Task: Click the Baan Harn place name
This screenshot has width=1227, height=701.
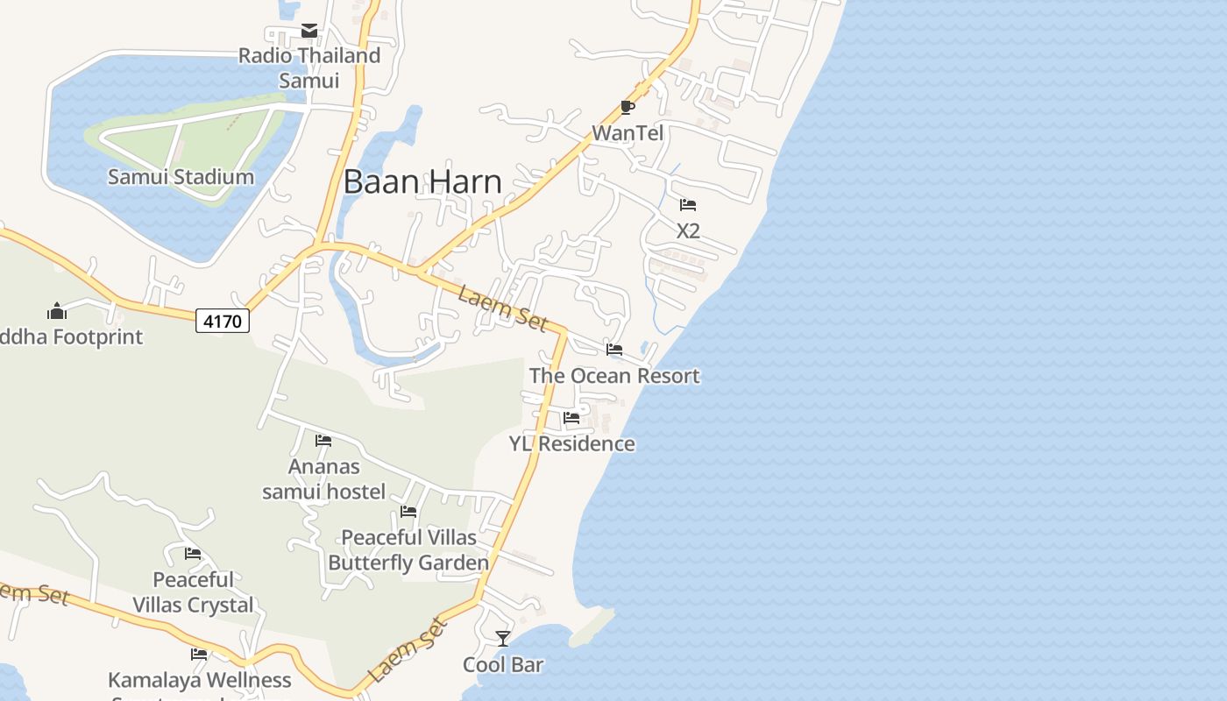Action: pos(422,181)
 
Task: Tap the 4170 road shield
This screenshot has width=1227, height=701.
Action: pos(222,322)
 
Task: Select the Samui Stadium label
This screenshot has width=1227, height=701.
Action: pos(181,176)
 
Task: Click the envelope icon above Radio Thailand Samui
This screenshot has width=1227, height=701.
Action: pos(309,31)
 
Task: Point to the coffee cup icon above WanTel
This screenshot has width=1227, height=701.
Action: pos(628,107)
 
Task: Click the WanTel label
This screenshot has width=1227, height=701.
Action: pos(628,133)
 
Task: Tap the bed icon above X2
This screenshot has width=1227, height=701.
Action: pos(688,205)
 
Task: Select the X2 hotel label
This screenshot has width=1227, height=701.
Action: pos(688,231)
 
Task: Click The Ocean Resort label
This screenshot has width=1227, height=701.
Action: pos(614,376)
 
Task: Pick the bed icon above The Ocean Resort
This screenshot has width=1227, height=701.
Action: pos(614,350)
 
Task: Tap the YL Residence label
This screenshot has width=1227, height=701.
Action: pos(572,443)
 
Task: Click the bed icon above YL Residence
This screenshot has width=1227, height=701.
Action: pos(571,418)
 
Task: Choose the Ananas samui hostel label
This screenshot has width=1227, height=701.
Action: pos(323,478)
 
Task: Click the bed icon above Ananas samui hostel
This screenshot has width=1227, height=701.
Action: pos(323,440)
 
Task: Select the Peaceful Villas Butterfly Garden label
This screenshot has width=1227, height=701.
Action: pos(408,549)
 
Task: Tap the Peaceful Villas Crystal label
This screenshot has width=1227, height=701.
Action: pos(193,592)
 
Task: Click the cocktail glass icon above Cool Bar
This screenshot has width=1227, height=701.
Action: pos(503,638)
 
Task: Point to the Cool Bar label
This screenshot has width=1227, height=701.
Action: pos(503,665)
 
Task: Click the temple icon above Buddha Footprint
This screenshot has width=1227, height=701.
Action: pos(57,310)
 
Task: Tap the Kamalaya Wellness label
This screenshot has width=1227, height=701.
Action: pos(199,680)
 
